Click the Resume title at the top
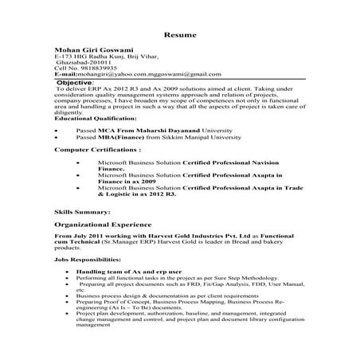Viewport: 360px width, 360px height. [179, 36]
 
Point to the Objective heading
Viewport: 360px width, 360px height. [73, 82]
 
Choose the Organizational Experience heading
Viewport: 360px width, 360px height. [105, 226]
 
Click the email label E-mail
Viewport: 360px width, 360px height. [63, 76]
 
